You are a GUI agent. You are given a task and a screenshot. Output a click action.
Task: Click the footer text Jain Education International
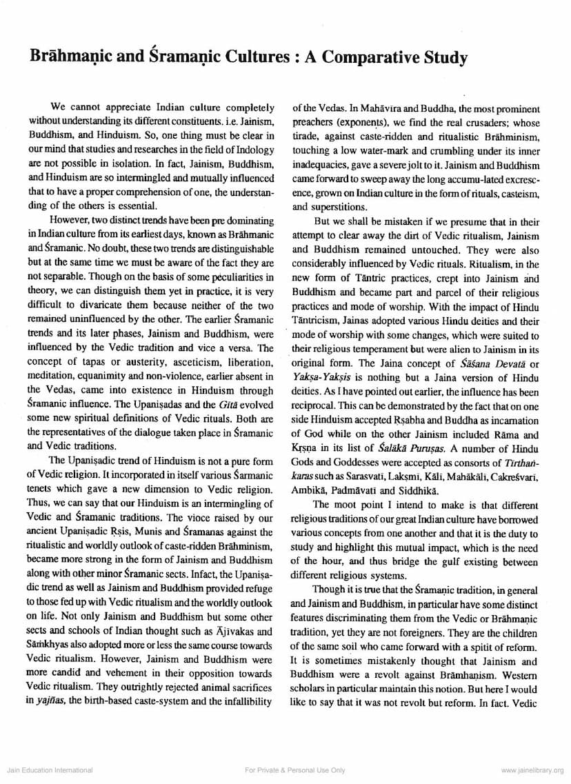(x=48, y=770)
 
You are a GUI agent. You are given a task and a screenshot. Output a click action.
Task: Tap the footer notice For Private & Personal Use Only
(x=285, y=770)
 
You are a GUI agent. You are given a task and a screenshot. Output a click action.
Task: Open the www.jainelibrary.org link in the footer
(x=532, y=770)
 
